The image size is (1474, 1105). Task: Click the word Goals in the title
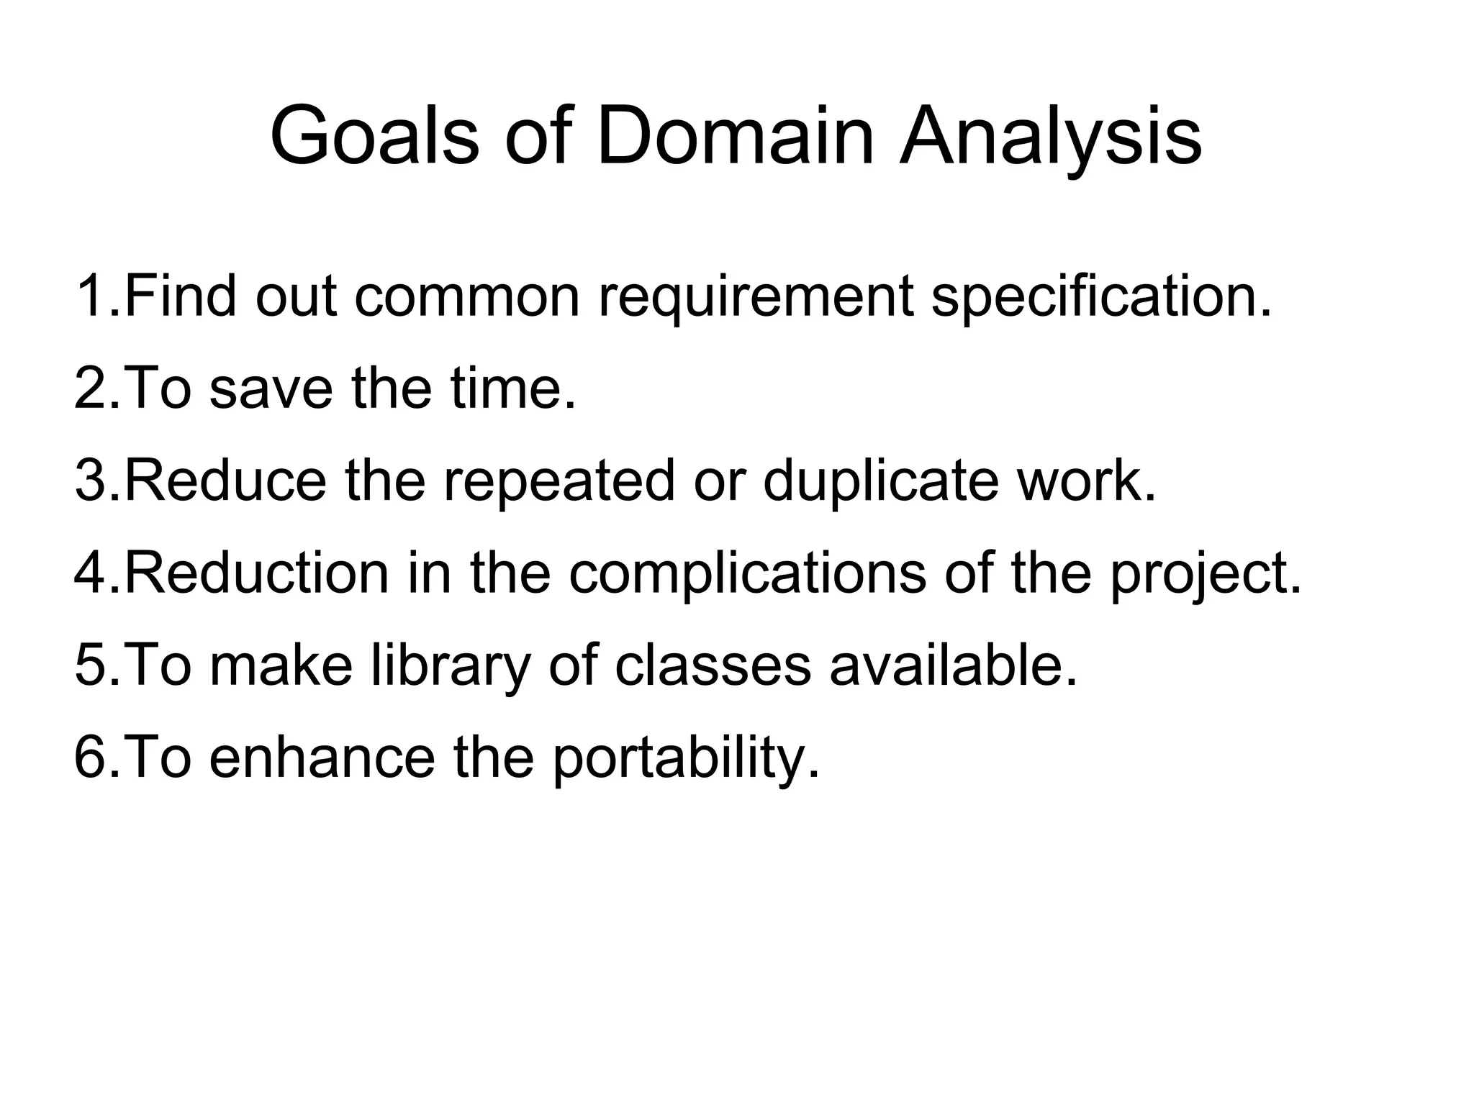(374, 137)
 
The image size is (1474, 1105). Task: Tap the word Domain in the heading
(735, 137)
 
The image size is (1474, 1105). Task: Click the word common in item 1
(467, 296)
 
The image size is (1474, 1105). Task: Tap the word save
(271, 388)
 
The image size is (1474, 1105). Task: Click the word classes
(713, 666)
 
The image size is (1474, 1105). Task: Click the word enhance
(322, 758)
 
